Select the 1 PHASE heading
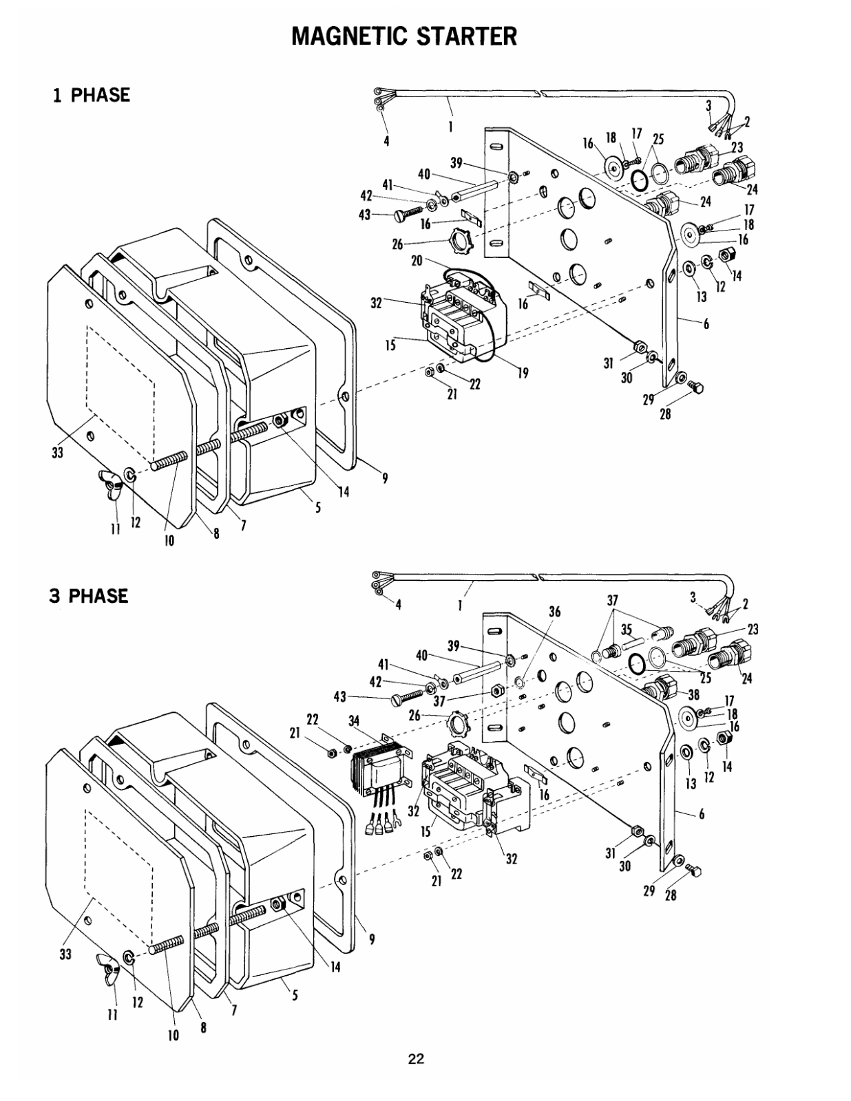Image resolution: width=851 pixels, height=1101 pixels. coord(92,95)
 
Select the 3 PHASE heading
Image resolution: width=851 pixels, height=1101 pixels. coord(89,596)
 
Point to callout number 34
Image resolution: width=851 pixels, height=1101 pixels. coord(354,720)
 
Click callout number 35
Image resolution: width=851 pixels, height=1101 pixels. coord(627,629)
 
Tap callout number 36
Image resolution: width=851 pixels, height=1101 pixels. coord(554,612)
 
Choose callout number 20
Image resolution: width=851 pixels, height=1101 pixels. coord(417,260)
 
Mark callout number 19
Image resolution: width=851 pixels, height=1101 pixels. coord(523,374)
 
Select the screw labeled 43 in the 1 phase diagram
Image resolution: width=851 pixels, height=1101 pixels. coord(408,213)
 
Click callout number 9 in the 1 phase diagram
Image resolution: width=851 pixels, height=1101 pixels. coord(385,478)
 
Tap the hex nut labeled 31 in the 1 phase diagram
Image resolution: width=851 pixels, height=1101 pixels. coord(640,347)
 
